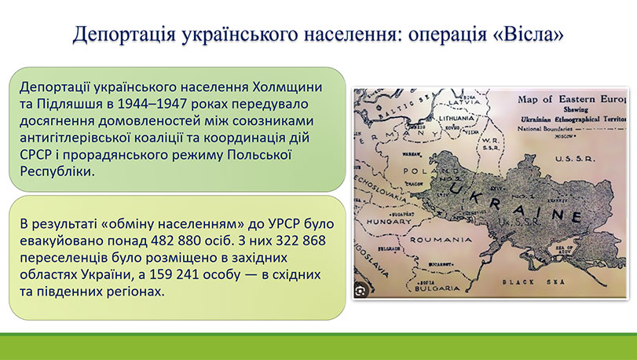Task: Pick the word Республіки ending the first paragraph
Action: point(56,170)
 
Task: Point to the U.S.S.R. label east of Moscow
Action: point(577,158)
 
